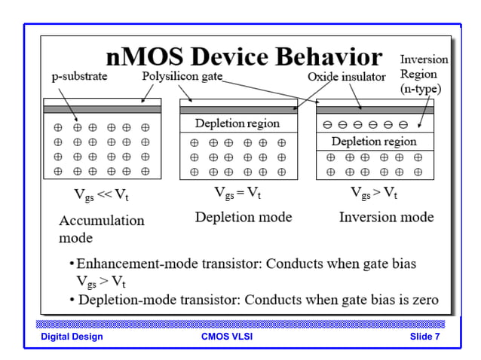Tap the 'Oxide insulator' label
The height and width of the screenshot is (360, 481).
click(346, 77)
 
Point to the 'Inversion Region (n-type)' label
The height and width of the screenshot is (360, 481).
click(423, 74)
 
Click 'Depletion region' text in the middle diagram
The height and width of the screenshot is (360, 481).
click(237, 124)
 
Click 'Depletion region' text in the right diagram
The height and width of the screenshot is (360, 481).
click(374, 141)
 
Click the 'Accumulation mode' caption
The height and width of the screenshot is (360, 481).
click(101, 229)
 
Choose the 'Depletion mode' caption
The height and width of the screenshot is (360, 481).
click(244, 217)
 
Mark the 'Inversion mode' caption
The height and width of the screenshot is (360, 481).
click(386, 217)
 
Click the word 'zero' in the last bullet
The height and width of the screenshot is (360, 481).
click(424, 299)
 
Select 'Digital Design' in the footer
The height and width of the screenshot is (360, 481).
click(72, 337)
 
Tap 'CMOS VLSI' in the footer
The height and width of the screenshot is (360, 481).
click(227, 337)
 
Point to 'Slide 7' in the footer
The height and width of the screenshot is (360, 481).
click(424, 337)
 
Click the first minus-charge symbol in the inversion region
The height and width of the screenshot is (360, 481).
click(327, 124)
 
